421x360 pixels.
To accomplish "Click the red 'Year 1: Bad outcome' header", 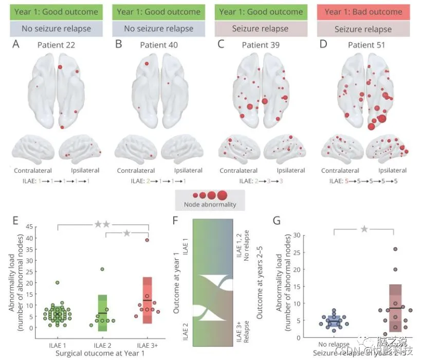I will pos(363,11).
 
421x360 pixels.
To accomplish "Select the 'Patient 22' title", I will pos(56,45).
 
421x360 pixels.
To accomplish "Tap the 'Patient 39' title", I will pos(261,45).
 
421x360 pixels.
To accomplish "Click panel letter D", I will pos(323,45).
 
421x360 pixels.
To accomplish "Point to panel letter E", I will pos(15,221).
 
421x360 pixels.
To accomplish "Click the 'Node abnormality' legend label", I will pos(210,205).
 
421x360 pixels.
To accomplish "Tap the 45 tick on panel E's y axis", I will pos(30,227).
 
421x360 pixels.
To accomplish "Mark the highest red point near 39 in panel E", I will pos(147,240).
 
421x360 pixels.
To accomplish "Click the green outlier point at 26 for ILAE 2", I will pos(102,269).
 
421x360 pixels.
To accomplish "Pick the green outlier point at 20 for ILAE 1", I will pos(58,282).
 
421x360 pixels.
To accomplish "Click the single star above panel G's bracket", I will pos(364,228).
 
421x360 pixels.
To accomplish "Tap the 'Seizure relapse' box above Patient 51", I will pos(363,29).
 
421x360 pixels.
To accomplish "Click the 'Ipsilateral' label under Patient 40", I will pos(188,171).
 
